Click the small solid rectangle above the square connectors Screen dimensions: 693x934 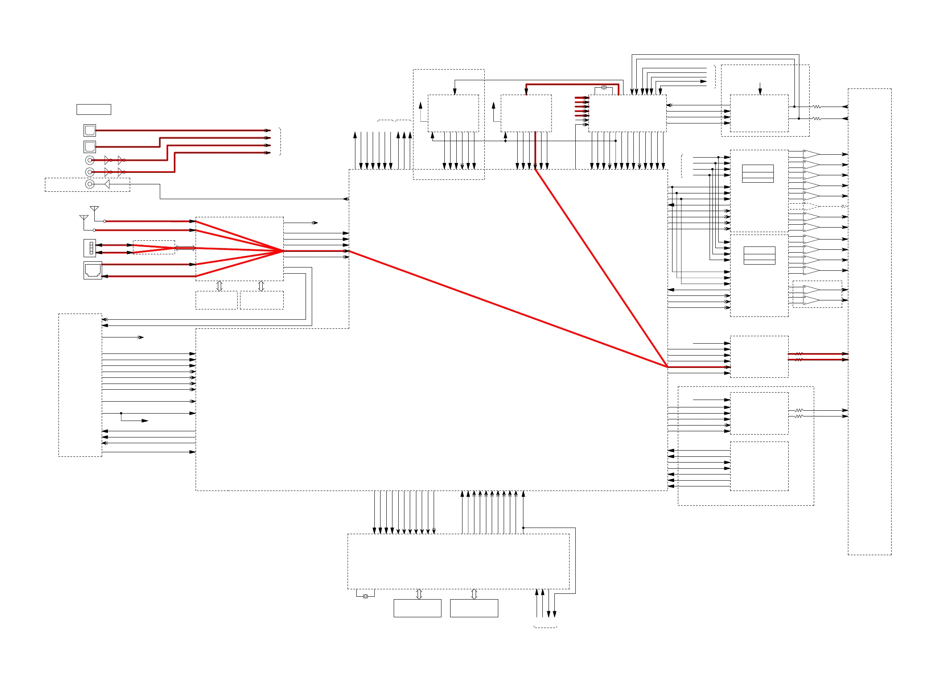pyautogui.click(x=93, y=109)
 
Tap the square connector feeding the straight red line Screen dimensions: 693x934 pyautogui.click(x=89, y=130)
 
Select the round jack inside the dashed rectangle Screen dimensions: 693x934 pyautogui.click(x=89, y=184)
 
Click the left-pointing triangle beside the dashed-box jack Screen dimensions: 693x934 pyautogui.click(x=107, y=184)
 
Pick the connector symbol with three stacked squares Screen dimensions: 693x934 pyautogui.click(x=90, y=248)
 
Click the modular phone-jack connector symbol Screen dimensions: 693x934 pyautogui.click(x=92, y=270)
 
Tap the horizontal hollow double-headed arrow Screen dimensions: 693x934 pyautogui.click(x=185, y=248)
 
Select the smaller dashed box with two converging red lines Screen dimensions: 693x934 pyautogui.click(x=154, y=247)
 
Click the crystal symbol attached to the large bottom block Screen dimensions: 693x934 pyautogui.click(x=365, y=596)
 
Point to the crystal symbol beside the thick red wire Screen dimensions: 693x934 pyautogui.click(x=604, y=88)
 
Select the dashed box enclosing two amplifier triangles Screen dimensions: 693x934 pyautogui.click(x=817, y=295)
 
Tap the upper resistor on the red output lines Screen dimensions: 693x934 pyautogui.click(x=799, y=354)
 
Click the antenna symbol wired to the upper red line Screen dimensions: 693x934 pyautogui.click(x=94, y=209)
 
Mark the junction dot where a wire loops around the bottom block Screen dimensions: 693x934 pyautogui.click(x=523, y=528)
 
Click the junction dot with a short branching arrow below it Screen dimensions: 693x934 pyautogui.click(x=121, y=414)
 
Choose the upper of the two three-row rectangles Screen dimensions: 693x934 pyautogui.click(x=758, y=174)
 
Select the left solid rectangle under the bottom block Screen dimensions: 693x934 pyautogui.click(x=417, y=608)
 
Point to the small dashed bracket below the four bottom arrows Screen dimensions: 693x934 pyautogui.click(x=545, y=627)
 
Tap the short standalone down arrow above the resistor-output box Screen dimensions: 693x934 pyautogui.click(x=760, y=88)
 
